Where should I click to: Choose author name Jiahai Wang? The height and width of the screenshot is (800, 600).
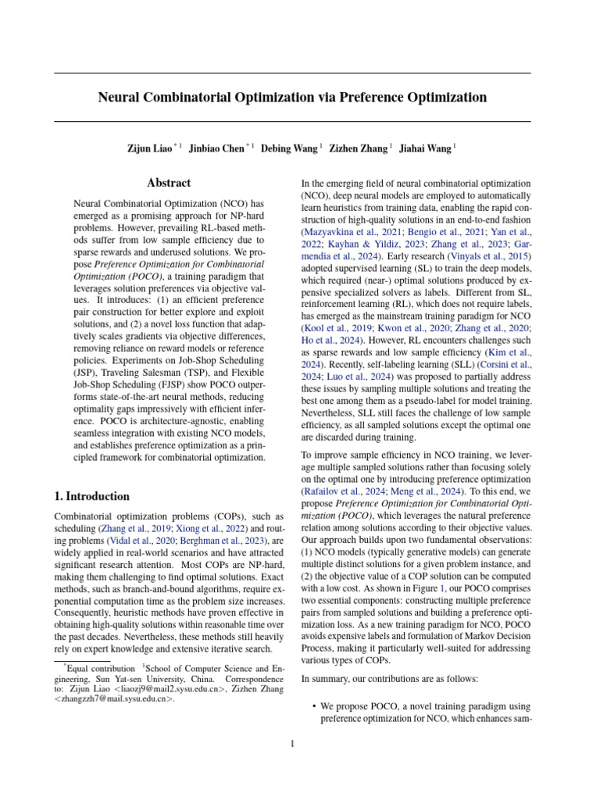(425, 148)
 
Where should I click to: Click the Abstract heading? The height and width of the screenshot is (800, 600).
(169, 183)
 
